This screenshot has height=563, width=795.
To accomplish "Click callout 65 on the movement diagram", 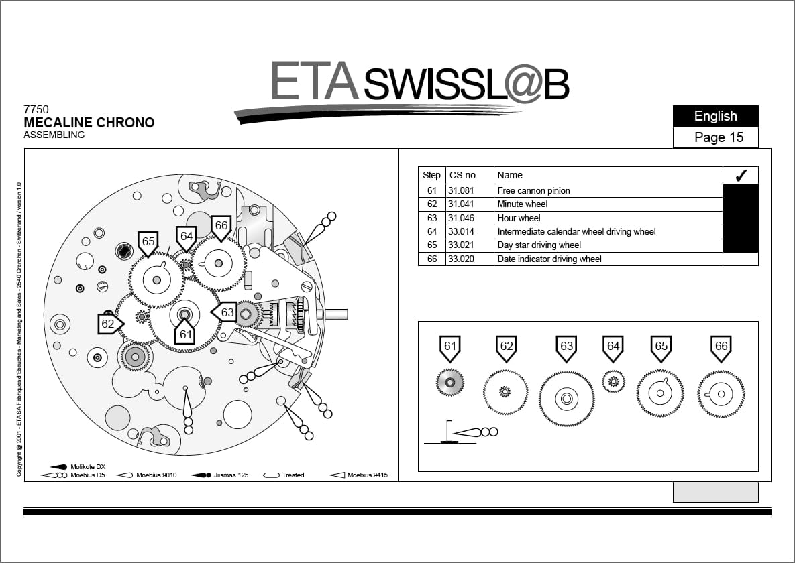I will pos(148,242).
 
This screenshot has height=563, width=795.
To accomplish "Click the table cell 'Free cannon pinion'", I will pos(533,190).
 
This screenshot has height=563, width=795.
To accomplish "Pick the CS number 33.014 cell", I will pos(462,231).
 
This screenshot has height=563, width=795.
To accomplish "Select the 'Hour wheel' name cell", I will pos(519,218).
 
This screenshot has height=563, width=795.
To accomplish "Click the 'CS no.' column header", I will pos(464,175).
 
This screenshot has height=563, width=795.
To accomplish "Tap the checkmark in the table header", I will pos(741,176).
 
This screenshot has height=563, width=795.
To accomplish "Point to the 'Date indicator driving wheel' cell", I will pos(549,259).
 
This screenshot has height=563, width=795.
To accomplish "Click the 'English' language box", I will pos(715,116).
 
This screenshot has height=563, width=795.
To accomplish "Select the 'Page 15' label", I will pos(719,137).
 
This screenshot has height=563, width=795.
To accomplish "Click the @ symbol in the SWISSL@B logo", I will pos(517,84).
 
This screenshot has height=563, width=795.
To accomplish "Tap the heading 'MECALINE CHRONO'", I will pos(89,123).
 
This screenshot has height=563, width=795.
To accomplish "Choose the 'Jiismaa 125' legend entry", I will pos(231,475).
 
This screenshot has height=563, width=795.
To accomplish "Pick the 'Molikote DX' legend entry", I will pos(88,466).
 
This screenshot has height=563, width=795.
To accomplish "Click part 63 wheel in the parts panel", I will pos(566,399).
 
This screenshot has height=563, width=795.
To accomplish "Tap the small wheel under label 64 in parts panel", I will pos(613,382).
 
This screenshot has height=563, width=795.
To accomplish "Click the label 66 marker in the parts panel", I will pos(721,347).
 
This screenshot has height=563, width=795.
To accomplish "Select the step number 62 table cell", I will pos(431,204).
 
